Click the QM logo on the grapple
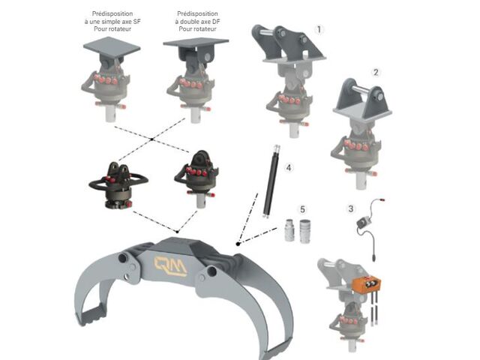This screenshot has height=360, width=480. point(170,265)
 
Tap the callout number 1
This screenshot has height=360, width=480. point(319,30)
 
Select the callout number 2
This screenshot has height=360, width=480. point(376,73)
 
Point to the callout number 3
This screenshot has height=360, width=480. point(351,208)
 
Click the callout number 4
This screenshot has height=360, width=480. point(289,168)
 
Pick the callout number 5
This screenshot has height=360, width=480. point(302,209)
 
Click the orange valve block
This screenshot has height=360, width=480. point(367,284)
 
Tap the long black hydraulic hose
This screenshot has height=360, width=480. point(271,181)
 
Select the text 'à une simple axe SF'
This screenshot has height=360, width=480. point(112,22)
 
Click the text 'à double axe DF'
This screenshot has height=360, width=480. point(197,22)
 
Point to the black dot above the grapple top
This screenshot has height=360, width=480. point(177,232)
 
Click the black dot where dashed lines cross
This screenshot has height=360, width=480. point(151,139)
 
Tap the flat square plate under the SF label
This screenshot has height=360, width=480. point(112,47)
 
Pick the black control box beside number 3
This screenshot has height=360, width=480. point(364,222)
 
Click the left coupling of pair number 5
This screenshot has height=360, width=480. point(289,230)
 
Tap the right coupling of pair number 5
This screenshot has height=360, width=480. point(305,231)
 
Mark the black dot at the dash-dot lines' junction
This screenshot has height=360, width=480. point(238,244)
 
